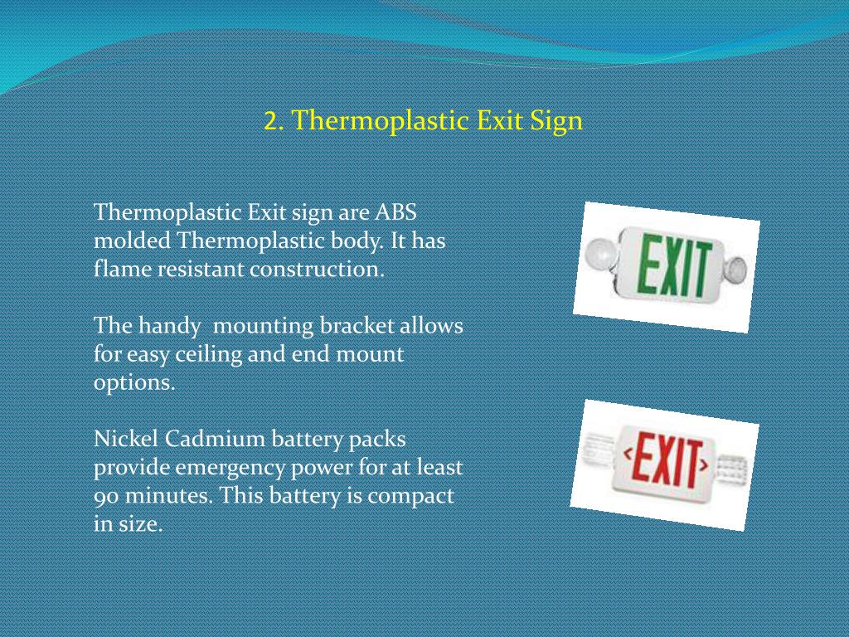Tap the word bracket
click(x=357, y=326)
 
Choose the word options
click(x=134, y=384)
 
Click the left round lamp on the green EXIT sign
click(x=598, y=252)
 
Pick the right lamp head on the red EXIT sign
click(x=732, y=472)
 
